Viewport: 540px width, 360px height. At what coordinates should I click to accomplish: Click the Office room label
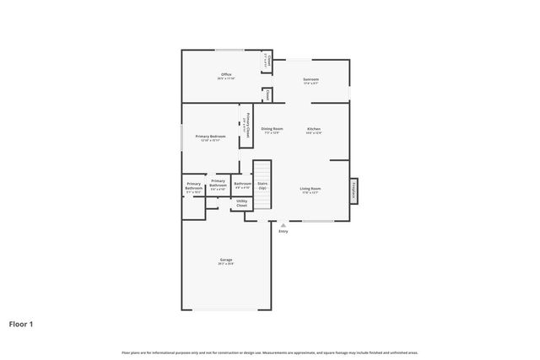pyautogui.click(x=226, y=75)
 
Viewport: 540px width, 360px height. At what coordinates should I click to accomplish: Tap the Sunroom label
pyautogui.click(x=310, y=79)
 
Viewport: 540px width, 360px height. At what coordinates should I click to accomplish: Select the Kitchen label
pyautogui.click(x=314, y=129)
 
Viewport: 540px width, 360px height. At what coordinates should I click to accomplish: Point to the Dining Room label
pyautogui.click(x=272, y=129)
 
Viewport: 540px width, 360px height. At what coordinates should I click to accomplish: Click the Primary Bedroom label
pyautogui.click(x=210, y=136)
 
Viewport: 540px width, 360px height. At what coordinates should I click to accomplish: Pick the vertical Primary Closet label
pyautogui.click(x=247, y=125)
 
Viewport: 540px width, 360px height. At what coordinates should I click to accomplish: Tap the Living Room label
pyautogui.click(x=310, y=188)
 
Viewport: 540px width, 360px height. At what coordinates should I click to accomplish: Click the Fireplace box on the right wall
pyautogui.click(x=354, y=191)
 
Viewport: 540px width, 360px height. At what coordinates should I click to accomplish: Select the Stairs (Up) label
pyautogui.click(x=262, y=185)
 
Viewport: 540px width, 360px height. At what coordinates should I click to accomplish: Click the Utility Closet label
pyautogui.click(x=241, y=203)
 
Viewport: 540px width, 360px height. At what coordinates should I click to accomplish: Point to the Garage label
pyautogui.click(x=225, y=260)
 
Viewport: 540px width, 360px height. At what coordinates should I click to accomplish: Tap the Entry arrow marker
pyautogui.click(x=283, y=224)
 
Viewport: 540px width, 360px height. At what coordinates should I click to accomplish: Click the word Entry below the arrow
pyautogui.click(x=283, y=231)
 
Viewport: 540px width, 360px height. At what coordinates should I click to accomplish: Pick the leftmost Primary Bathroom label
pyautogui.click(x=194, y=188)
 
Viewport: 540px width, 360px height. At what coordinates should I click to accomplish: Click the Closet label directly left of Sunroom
pyautogui.click(x=267, y=96)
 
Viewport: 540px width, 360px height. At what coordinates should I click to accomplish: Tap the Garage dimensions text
pyautogui.click(x=225, y=264)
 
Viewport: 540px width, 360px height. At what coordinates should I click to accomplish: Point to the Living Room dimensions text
pyautogui.click(x=310, y=192)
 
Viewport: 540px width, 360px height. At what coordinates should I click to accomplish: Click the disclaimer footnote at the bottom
pyautogui.click(x=270, y=352)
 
